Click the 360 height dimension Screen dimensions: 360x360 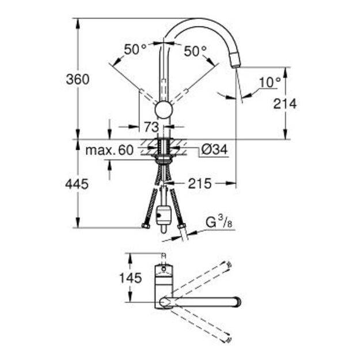coord(77,79)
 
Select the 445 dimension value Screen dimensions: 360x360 coord(77,184)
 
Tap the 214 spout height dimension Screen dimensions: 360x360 coord(285,104)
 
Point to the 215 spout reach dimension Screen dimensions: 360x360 coord(200,183)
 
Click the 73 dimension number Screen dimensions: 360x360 coord(151,127)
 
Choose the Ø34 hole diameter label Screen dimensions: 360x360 coord(214,149)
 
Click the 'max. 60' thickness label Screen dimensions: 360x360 coord(109,150)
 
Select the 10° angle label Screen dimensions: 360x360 coord(270,82)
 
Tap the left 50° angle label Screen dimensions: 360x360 coord(135,50)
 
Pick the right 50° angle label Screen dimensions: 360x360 coord(195,51)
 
